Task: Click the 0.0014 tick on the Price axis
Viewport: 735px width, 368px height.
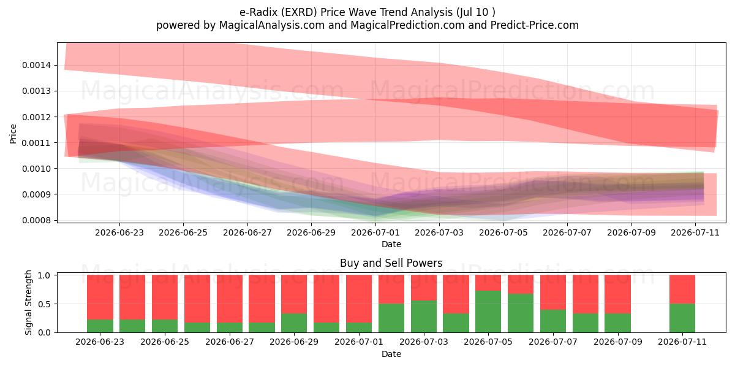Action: pos(36,65)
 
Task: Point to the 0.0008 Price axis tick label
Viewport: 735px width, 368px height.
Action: pos(36,220)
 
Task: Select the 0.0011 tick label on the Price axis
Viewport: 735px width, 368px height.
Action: pos(36,143)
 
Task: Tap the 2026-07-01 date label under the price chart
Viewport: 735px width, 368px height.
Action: pos(375,232)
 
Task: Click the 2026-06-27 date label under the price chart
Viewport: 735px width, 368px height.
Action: pos(247,232)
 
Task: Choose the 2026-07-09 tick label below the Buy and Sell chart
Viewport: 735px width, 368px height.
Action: pos(618,342)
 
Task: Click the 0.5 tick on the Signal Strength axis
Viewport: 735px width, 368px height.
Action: pos(44,304)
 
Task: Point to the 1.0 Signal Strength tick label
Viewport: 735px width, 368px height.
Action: pos(44,275)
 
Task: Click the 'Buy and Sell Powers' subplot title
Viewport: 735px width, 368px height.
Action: pos(391,263)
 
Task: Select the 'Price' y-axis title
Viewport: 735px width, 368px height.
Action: pos(13,134)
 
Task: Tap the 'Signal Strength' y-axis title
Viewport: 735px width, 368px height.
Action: pos(29,302)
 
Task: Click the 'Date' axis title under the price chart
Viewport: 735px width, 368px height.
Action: pos(391,244)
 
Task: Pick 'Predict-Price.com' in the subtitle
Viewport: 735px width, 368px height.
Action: pos(535,25)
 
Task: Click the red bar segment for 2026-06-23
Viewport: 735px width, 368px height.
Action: pos(100,297)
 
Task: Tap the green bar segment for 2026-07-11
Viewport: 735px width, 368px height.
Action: pos(682,318)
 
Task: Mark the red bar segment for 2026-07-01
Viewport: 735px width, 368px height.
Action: pos(359,299)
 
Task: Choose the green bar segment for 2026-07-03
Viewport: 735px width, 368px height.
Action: pos(424,316)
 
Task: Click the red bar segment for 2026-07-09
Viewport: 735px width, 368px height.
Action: pos(618,294)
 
